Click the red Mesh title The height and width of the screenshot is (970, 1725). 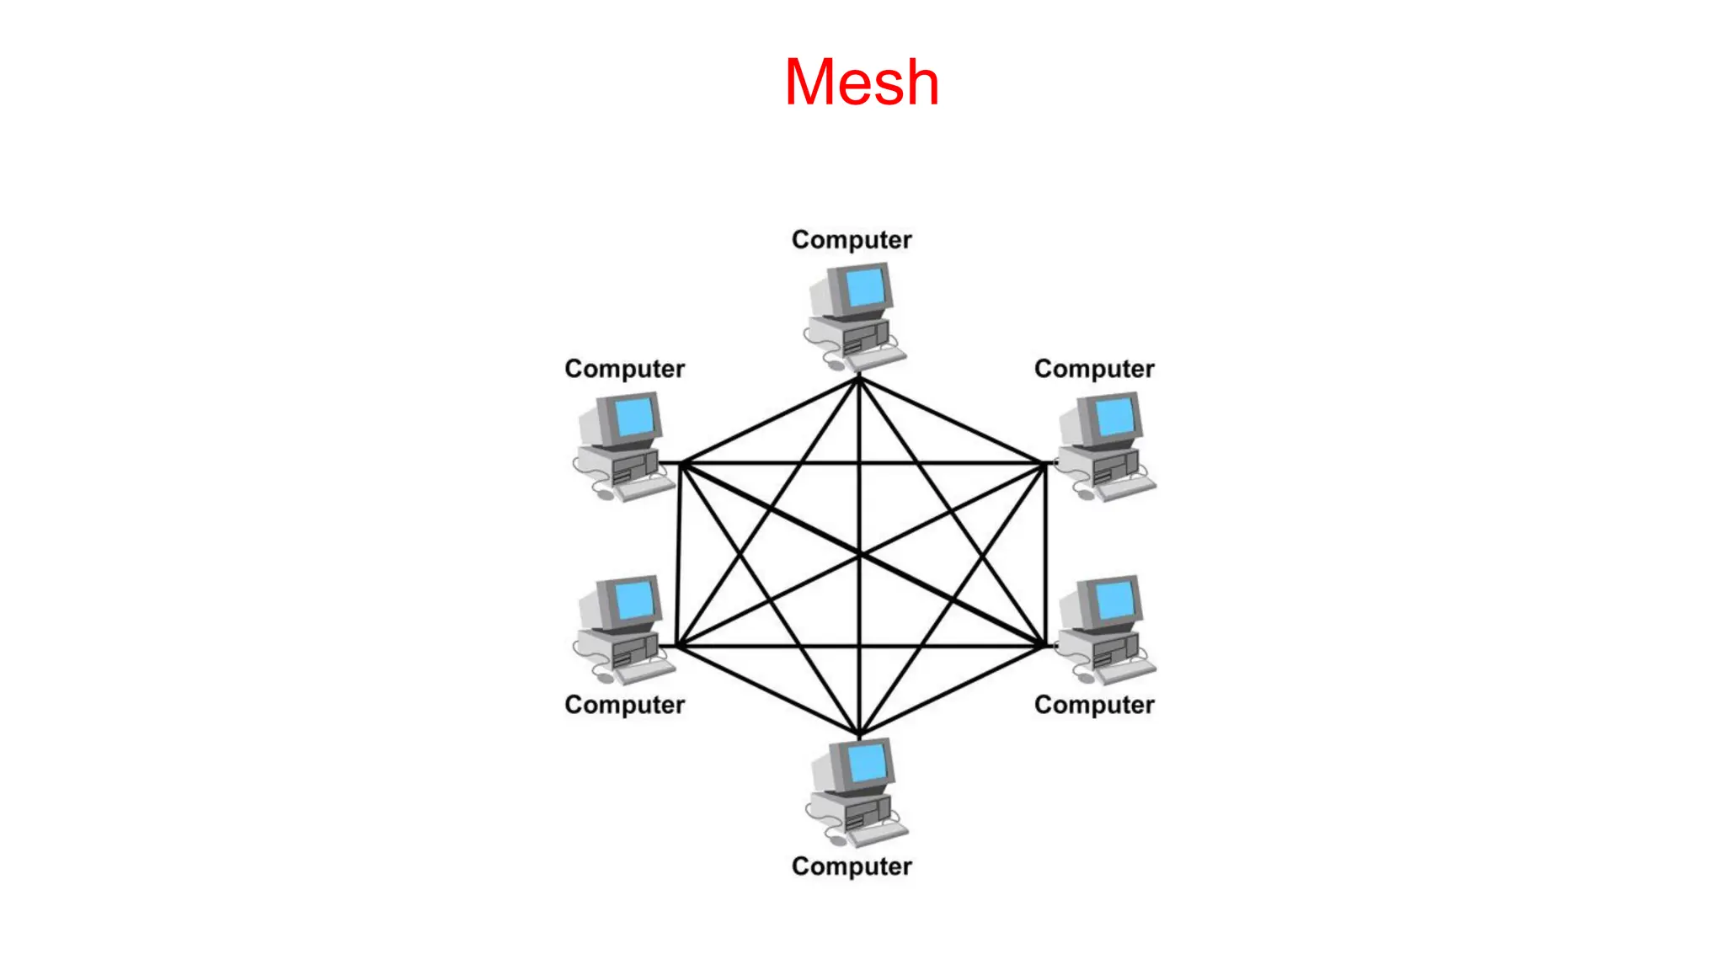point(861,83)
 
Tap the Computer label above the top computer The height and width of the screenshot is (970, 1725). point(852,240)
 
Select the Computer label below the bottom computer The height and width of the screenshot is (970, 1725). point(852,866)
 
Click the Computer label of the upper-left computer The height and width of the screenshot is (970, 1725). point(624,369)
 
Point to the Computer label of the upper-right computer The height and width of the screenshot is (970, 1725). point(1094,369)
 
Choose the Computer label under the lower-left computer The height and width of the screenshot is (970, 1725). point(624,705)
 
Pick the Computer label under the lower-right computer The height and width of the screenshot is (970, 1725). point(1094,705)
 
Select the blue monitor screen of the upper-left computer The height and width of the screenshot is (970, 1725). point(634,417)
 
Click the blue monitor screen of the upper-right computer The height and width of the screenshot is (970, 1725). point(1114,417)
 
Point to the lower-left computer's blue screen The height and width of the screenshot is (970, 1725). point(634,600)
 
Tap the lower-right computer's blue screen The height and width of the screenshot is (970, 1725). point(1114,600)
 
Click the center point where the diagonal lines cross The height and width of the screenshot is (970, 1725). point(859,555)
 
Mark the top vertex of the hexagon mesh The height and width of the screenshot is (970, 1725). point(858,379)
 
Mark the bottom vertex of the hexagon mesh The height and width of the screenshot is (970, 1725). point(859,734)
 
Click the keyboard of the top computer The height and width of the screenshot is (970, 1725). point(878,359)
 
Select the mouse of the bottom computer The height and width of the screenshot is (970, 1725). point(838,839)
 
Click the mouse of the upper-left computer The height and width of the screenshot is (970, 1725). point(605,494)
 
